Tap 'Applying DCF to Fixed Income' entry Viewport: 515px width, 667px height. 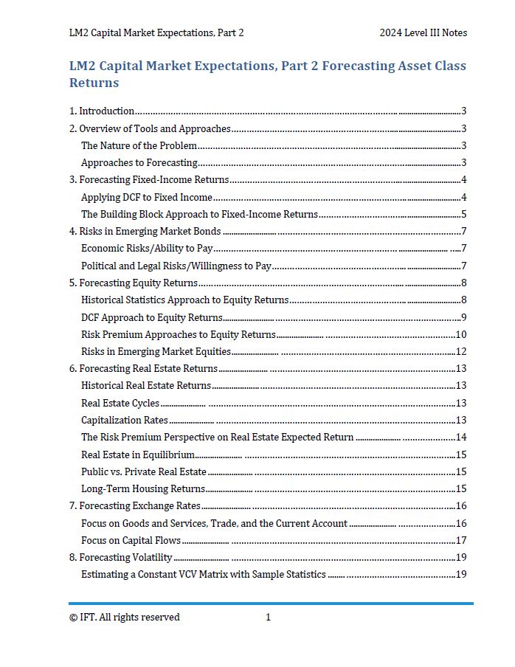(x=147, y=197)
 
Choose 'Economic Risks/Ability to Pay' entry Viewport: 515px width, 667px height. (x=147, y=249)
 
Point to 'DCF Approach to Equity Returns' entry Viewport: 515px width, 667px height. (x=151, y=317)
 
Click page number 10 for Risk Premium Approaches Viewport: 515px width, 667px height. (x=460, y=335)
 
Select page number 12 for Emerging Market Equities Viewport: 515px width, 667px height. (x=460, y=352)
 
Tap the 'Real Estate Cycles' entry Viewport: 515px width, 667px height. (x=120, y=403)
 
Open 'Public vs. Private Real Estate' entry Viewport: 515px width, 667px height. (x=144, y=471)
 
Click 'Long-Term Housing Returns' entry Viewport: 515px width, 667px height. (x=143, y=488)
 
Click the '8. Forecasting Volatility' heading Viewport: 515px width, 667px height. (x=121, y=558)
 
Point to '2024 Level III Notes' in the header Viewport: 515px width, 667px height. (x=423, y=32)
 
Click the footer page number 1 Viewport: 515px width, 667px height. (x=268, y=618)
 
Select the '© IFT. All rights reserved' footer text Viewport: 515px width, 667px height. (x=124, y=618)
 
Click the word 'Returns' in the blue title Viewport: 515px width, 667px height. (x=94, y=83)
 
